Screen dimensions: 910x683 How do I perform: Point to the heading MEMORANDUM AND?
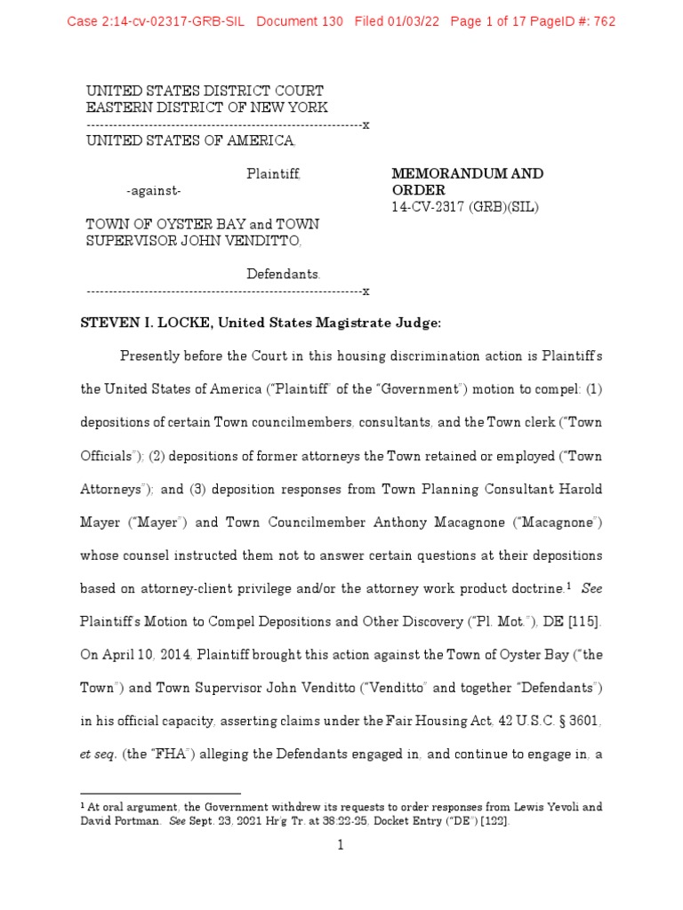[x=468, y=173]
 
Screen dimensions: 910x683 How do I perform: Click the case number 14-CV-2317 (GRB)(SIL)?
[x=465, y=207]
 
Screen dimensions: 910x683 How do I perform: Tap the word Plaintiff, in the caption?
[x=273, y=173]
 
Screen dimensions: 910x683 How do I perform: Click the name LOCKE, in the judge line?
[x=181, y=324]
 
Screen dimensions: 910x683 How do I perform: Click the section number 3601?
[x=582, y=722]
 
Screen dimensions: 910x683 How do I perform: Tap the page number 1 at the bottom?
[x=340, y=845]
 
